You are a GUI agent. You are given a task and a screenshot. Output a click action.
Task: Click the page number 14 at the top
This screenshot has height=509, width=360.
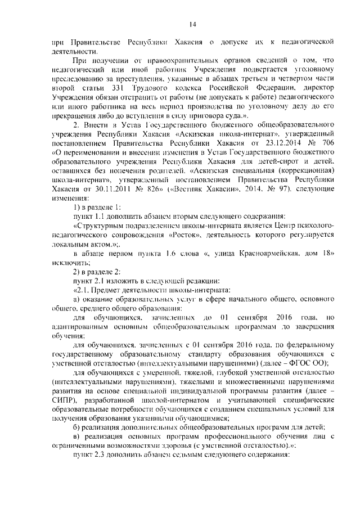(x=191, y=24)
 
